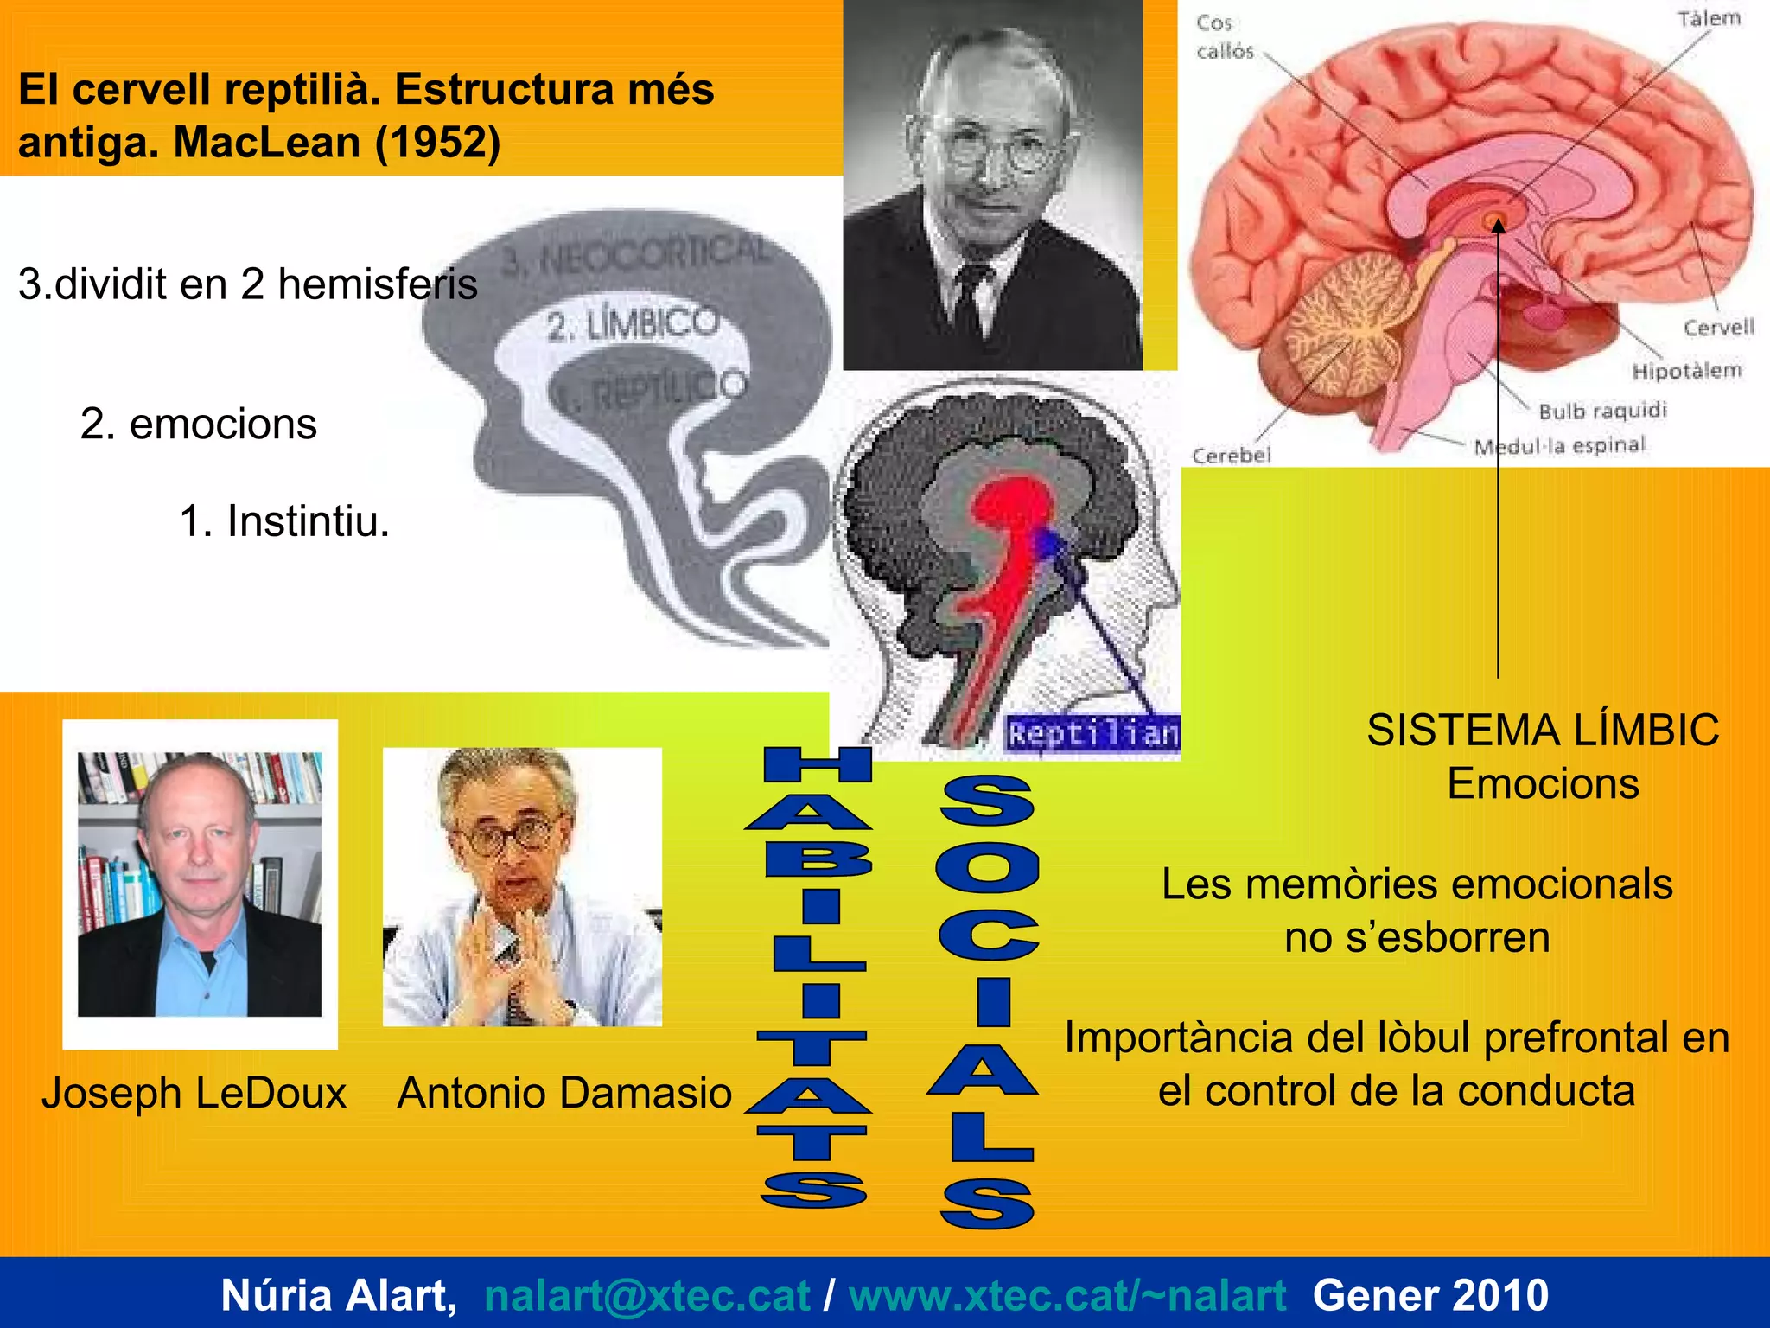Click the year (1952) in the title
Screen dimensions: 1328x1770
pos(437,143)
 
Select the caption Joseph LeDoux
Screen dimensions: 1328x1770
pos(194,1093)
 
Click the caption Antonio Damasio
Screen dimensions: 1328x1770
pos(564,1093)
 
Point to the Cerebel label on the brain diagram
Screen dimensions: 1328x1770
pos(1232,456)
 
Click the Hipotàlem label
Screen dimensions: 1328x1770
pos(1686,371)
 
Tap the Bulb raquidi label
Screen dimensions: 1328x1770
pos(1602,411)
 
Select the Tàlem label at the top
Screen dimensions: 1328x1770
pos(1709,19)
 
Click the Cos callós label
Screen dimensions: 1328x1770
pos(1224,37)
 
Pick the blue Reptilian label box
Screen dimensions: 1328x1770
pos(1092,734)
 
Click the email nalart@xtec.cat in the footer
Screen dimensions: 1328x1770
pos(646,1295)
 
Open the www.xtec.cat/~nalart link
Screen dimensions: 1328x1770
pos(1066,1295)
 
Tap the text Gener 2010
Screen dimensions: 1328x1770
pos(1430,1295)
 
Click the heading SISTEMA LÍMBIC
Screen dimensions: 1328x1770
pos(1543,731)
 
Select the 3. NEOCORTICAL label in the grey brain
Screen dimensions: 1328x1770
pos(635,255)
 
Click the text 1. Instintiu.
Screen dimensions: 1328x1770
pos(284,521)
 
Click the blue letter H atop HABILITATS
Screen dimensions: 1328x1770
pos(818,765)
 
